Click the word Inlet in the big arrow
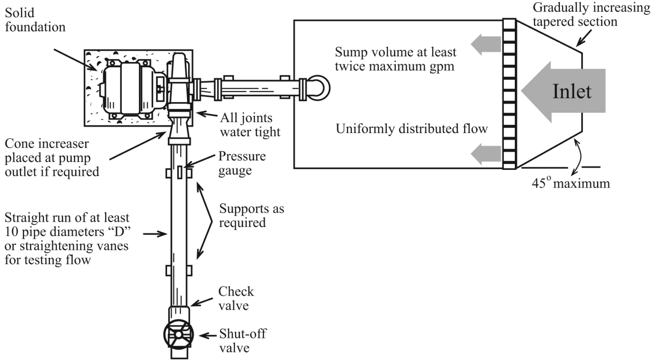tap(571, 91)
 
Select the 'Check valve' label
tap(236, 298)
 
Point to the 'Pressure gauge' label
tap(242, 163)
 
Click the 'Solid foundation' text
tap(35, 20)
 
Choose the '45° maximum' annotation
tap(571, 183)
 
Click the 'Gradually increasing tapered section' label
tap(591, 14)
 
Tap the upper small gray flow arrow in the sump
tap(485, 44)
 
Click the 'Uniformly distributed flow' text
tap(412, 129)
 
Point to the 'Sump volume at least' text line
tap(396, 52)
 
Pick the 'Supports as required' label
tap(251, 215)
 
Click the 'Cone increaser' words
tap(46, 143)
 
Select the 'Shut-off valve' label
tap(242, 341)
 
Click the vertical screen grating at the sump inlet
tap(509, 93)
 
